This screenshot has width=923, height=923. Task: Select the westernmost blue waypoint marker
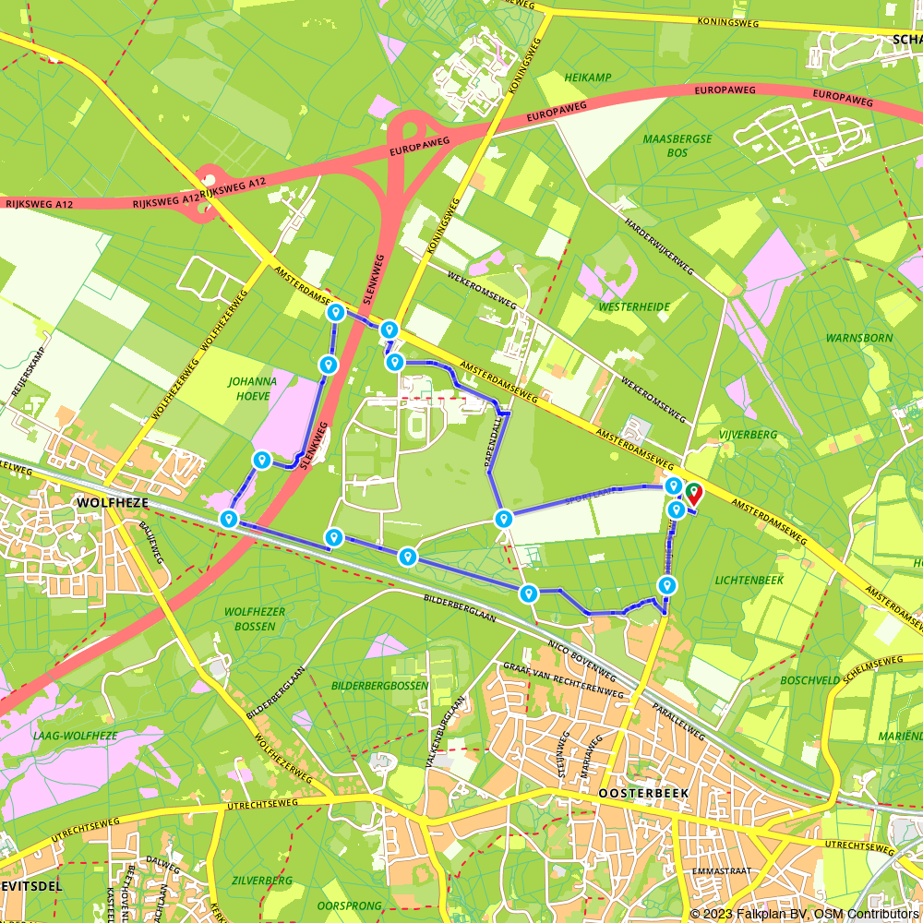(x=229, y=520)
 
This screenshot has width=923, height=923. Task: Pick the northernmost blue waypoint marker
(x=336, y=313)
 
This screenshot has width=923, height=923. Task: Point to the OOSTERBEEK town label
(x=639, y=793)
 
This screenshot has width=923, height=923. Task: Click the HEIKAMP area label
(x=588, y=78)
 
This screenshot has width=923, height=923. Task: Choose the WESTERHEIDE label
(x=634, y=306)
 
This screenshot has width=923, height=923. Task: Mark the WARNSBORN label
(x=859, y=338)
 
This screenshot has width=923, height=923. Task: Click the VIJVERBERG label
(x=749, y=434)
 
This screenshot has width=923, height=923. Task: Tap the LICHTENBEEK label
(x=749, y=580)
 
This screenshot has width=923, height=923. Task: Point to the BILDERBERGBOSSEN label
(x=379, y=686)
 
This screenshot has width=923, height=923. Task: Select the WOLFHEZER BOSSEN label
(x=249, y=618)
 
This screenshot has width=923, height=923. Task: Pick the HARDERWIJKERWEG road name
(x=659, y=248)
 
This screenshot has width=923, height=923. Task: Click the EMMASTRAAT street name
(x=720, y=870)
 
